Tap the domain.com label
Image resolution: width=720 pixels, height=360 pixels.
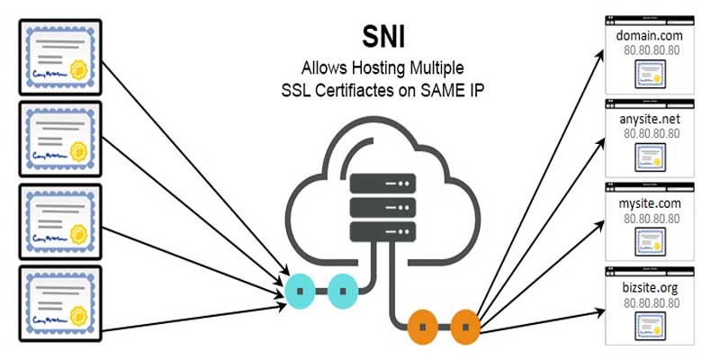[651, 34]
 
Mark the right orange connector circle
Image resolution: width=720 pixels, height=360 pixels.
[464, 323]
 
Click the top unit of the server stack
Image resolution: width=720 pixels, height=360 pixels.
[383, 184]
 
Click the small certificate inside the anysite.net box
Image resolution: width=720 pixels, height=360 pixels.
[650, 157]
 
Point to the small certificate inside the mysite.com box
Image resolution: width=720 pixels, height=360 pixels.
[650, 240]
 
